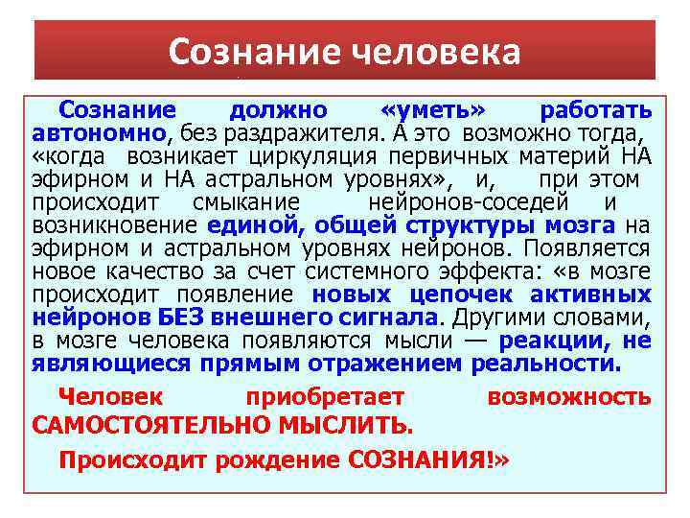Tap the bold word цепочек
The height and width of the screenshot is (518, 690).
tap(449, 294)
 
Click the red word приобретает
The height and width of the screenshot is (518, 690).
tap(325, 397)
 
